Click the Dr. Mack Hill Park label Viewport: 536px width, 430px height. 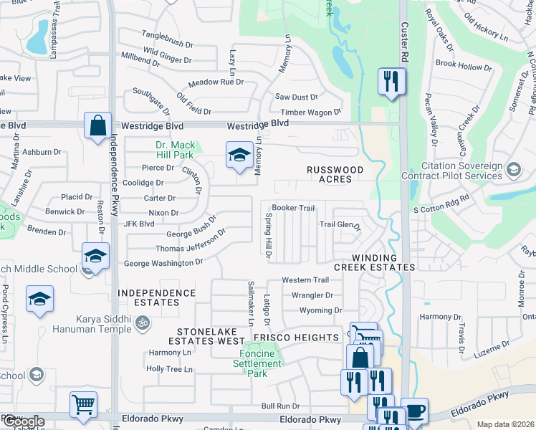pos(175,149)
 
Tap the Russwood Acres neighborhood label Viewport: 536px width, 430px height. pos(335,174)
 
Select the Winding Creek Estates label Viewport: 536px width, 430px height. pos(383,262)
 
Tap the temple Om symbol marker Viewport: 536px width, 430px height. pos(141,325)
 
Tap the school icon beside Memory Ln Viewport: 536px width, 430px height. pos(239,153)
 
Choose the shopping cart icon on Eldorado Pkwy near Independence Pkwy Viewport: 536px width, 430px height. pos(84,404)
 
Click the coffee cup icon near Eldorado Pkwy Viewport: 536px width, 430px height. pos(415,410)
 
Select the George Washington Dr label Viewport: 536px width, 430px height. pos(163,264)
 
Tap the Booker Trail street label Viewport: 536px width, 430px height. pos(293,208)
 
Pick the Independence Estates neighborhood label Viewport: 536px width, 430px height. pos(157,298)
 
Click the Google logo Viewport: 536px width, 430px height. pos(23,422)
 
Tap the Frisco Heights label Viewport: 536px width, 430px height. pos(305,338)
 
